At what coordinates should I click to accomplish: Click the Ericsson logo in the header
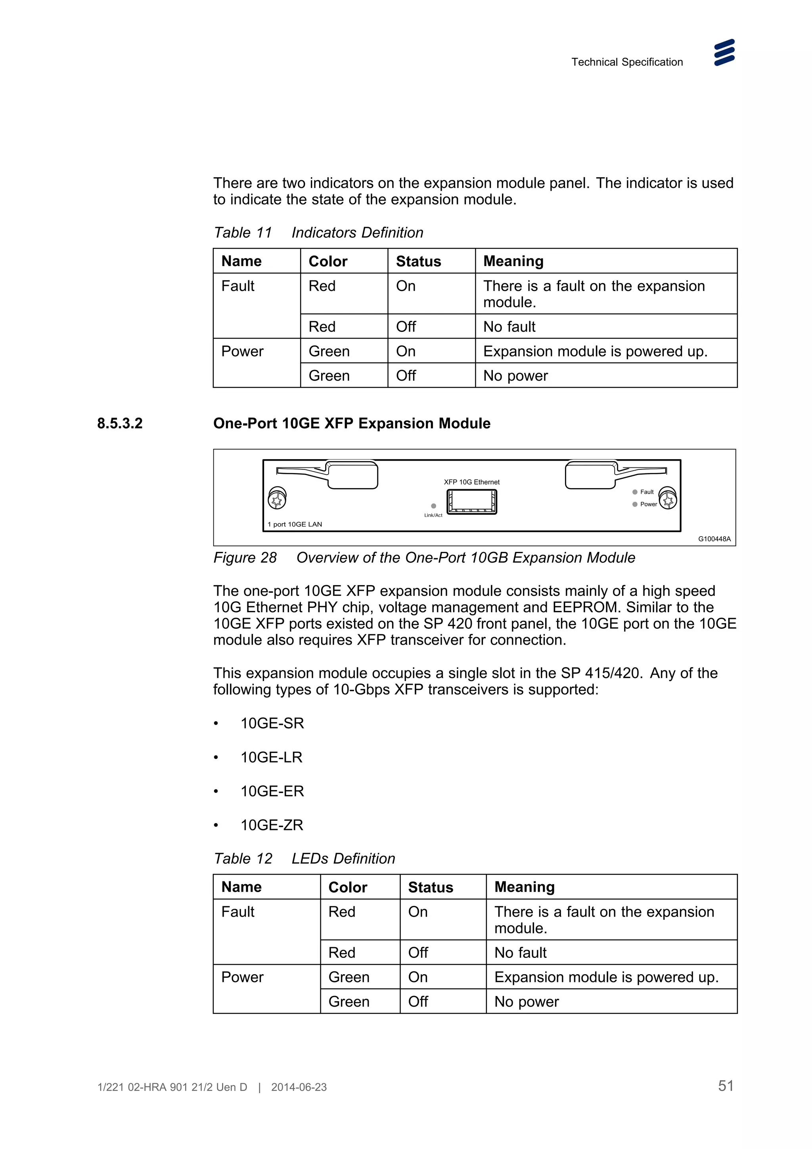(724, 53)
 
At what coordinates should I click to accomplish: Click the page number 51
(726, 1086)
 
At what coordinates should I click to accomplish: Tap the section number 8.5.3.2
(120, 423)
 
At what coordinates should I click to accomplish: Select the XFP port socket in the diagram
(471, 502)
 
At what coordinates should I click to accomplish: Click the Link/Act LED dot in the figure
(433, 506)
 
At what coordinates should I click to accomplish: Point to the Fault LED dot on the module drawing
(635, 492)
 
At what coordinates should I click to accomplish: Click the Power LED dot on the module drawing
(635, 504)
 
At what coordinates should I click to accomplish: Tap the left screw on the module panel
(277, 498)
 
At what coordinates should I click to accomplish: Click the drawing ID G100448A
(714, 539)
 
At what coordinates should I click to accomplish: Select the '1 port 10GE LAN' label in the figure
(295, 525)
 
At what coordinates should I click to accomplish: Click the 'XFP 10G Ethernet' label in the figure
(471, 482)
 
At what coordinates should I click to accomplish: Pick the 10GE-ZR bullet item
(272, 825)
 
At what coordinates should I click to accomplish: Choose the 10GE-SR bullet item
(272, 723)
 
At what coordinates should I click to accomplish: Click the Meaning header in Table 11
(513, 261)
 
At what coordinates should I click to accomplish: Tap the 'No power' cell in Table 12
(526, 1002)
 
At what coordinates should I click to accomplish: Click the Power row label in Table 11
(242, 351)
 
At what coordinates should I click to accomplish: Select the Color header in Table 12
(347, 887)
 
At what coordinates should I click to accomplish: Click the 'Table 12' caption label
(243, 859)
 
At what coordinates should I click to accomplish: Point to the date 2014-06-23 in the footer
(299, 1087)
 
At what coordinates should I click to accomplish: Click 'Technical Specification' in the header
(627, 62)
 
